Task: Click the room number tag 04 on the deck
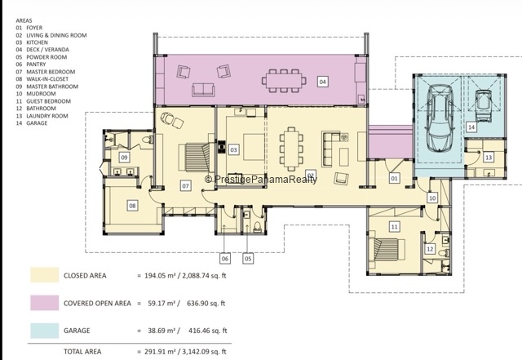[x=322, y=82]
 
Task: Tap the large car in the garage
[x=440, y=118]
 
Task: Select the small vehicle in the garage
[x=484, y=105]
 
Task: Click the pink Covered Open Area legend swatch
[x=45, y=303]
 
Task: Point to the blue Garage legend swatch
[x=45, y=331]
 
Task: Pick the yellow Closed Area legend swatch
[x=45, y=275]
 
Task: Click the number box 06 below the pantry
[x=225, y=258]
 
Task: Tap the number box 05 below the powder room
[x=248, y=258]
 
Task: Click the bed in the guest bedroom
[x=387, y=250]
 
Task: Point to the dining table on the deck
[x=284, y=81]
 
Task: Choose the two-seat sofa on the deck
[x=203, y=90]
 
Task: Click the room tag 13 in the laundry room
[x=489, y=158]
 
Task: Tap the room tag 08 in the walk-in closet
[x=132, y=206]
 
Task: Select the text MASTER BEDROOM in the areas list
[x=51, y=72]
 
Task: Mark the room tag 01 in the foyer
[x=394, y=178]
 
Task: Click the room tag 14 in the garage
[x=471, y=127]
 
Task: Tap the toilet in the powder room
[x=258, y=227]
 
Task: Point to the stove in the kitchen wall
[x=221, y=147]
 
